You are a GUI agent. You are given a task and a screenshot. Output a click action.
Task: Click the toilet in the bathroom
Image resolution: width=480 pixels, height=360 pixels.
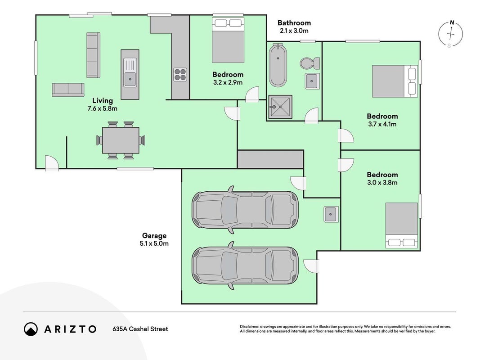pyautogui.click(x=310, y=63)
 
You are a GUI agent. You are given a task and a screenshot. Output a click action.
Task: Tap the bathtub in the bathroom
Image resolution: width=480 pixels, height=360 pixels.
pyautogui.click(x=278, y=65)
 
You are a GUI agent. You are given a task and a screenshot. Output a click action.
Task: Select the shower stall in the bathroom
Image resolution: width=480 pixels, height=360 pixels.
pyautogui.click(x=280, y=107)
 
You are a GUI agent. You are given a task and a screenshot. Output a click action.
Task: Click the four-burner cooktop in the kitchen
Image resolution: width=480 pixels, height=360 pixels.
pyautogui.click(x=180, y=74)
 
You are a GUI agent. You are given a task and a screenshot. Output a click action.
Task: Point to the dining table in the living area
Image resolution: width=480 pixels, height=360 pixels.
pyautogui.click(x=121, y=140)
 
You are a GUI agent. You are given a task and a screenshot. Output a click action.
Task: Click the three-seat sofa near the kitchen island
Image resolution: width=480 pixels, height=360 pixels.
pyautogui.click(x=94, y=55)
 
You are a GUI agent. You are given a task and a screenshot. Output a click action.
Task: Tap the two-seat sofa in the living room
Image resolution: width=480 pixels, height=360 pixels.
pyautogui.click(x=68, y=90)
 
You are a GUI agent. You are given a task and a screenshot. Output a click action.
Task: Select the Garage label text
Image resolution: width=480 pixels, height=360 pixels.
pyautogui.click(x=154, y=235)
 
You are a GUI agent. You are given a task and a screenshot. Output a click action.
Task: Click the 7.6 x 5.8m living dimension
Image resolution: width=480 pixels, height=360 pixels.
pyautogui.click(x=102, y=108)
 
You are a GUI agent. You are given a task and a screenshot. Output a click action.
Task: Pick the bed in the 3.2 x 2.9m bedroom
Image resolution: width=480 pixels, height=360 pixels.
pyautogui.click(x=229, y=40)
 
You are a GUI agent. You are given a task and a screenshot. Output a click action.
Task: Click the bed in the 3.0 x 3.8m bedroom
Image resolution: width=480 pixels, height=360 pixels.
pyautogui.click(x=402, y=225)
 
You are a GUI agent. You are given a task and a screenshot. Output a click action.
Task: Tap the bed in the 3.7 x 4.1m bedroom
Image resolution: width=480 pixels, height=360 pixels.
pyautogui.click(x=395, y=81)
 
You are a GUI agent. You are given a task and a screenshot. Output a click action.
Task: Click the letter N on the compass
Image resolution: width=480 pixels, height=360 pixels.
pyautogui.click(x=452, y=22)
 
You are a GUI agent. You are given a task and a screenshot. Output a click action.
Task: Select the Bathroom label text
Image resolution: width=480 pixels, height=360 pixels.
pyautogui.click(x=294, y=22)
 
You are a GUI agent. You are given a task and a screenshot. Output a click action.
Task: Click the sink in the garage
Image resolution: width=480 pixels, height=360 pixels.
pyautogui.click(x=331, y=214)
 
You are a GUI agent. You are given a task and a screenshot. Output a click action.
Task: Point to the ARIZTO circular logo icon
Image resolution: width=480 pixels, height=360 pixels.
pyautogui.click(x=31, y=329)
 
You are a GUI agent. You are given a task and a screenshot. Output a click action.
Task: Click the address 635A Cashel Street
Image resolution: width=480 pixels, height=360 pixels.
pyautogui.click(x=140, y=329)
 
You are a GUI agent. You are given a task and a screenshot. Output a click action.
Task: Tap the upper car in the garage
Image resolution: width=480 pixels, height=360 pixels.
pyautogui.click(x=245, y=210)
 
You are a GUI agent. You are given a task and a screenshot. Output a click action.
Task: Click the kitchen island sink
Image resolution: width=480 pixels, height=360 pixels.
pyautogui.click(x=130, y=74)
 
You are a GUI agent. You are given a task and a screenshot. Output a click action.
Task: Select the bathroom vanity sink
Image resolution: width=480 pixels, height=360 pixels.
pyautogui.click(x=312, y=81)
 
